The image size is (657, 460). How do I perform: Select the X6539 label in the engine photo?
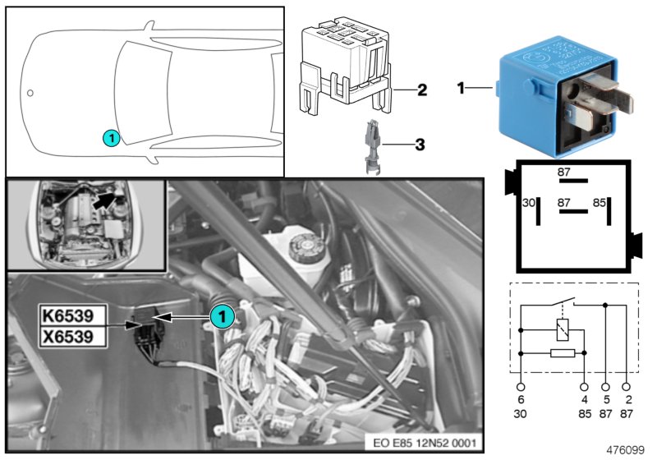point(73,335)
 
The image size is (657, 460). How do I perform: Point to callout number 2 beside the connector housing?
point(421,90)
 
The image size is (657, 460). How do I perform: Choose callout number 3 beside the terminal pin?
point(420,145)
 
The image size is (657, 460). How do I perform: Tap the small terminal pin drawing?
point(370,145)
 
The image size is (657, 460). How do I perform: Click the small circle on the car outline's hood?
point(30,93)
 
